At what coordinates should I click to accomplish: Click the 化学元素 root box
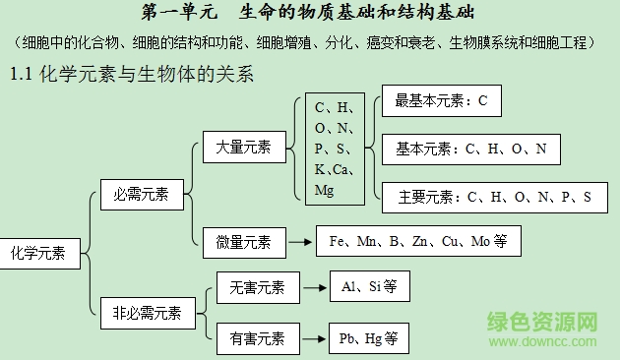(x=38, y=253)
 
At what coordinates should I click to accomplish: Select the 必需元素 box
(x=141, y=195)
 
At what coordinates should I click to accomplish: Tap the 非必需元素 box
(x=147, y=314)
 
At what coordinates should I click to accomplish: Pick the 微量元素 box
(x=244, y=241)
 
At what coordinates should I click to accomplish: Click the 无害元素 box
(x=257, y=287)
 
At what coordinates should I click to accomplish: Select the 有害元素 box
(x=257, y=339)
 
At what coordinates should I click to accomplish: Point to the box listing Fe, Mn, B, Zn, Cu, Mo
(x=418, y=241)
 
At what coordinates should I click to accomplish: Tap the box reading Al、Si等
(x=369, y=287)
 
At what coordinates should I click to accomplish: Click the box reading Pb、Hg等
(x=369, y=339)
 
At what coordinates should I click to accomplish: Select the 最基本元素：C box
(x=441, y=101)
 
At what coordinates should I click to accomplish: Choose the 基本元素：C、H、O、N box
(x=470, y=149)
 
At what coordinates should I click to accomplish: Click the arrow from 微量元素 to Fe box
(x=301, y=241)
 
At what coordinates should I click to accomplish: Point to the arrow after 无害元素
(x=313, y=287)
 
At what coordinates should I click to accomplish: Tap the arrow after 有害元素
(x=313, y=339)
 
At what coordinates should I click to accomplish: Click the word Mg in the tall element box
(x=325, y=191)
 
